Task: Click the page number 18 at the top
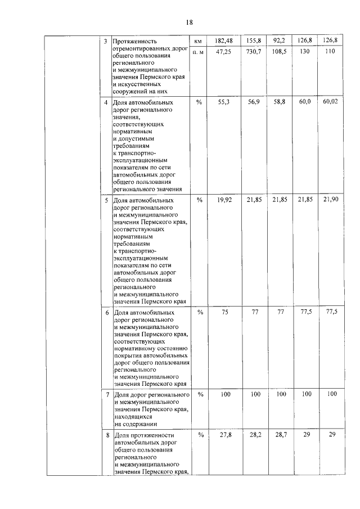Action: coord(189,22)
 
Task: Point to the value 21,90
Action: coord(330,200)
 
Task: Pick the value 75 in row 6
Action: coord(225,312)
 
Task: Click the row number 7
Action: coord(107,395)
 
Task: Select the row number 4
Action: coord(107,103)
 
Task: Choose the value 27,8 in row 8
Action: coord(225,435)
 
